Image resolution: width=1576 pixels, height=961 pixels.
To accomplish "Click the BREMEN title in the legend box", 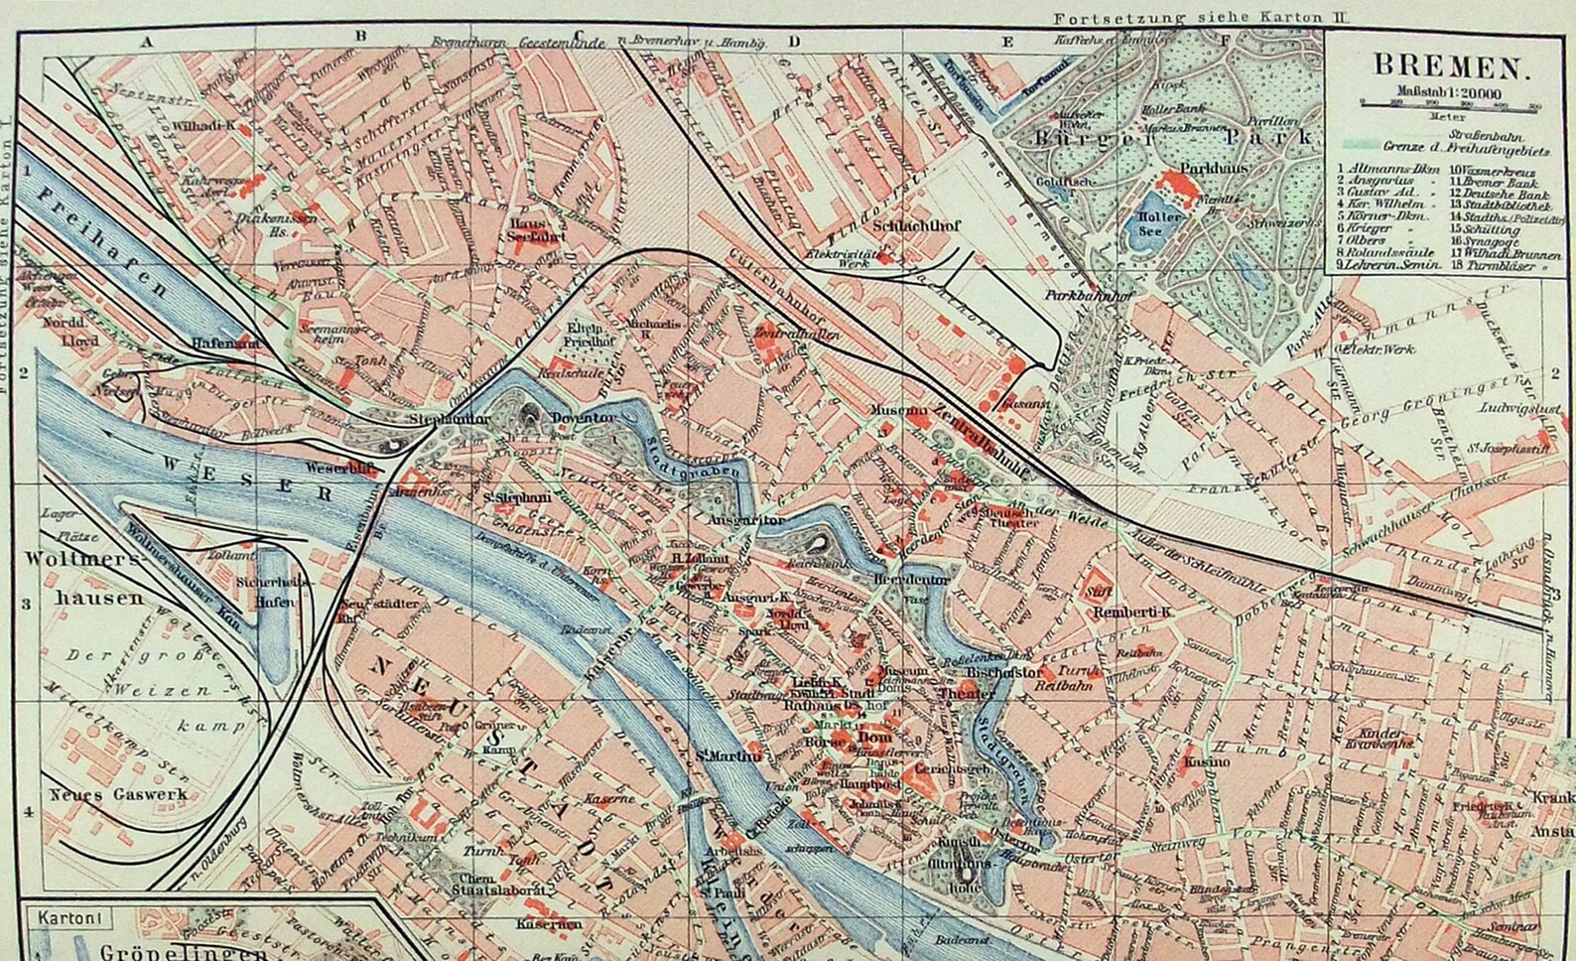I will coord(1448,68).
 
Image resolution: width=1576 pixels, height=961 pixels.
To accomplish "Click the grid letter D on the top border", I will coord(794,41).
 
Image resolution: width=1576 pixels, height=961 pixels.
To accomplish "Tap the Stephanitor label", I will coord(449,420).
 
